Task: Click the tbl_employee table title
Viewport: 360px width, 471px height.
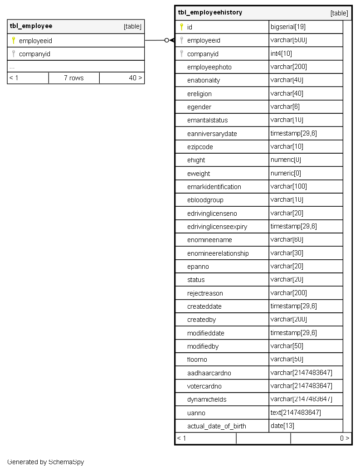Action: (31, 26)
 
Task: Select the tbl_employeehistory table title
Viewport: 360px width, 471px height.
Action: (210, 13)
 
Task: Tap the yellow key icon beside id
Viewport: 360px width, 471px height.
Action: (181, 27)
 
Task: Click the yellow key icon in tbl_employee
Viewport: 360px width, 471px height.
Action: (13, 40)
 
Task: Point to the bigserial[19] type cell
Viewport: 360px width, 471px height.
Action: (288, 27)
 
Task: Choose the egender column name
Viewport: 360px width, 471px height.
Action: (199, 107)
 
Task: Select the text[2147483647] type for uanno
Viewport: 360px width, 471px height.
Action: (296, 413)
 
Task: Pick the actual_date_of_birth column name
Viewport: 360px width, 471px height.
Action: (217, 426)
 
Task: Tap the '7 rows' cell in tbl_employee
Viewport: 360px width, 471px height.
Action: (73, 78)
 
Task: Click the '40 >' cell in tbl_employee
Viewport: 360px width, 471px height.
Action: (135, 78)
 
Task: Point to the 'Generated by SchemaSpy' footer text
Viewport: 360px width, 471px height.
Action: (45, 462)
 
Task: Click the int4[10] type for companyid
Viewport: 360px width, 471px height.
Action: (281, 53)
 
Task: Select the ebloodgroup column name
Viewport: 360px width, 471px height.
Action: (205, 200)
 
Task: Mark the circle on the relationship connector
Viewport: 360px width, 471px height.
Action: (167, 40)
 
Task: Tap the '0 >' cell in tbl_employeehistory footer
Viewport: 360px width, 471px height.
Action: (345, 438)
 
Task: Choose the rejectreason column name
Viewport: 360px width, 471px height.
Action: (205, 293)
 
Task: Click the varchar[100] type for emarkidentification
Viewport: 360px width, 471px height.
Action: (289, 186)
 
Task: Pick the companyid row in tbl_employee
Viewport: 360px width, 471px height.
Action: (34, 54)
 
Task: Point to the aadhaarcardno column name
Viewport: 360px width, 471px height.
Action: (209, 373)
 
